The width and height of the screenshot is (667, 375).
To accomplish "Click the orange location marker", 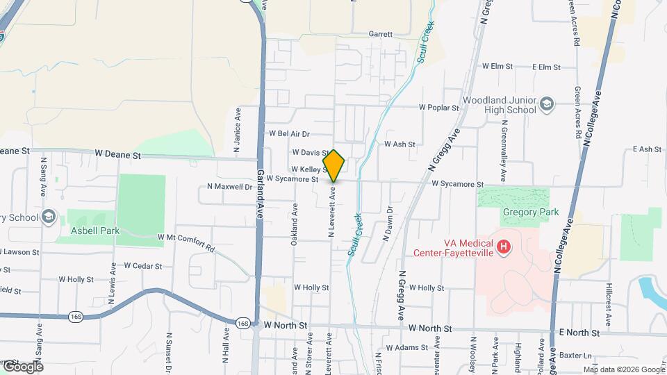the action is coord(334,165).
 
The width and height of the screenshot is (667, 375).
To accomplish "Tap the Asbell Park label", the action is coord(95,231).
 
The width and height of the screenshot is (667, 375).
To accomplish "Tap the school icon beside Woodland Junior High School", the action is coord(547,104).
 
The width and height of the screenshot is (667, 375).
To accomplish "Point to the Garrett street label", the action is coord(380,33).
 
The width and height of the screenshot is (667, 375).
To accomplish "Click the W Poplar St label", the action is coord(438,108).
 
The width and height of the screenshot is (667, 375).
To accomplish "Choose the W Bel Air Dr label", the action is coord(289,133).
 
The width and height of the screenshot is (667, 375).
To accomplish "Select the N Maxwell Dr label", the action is coord(229,187).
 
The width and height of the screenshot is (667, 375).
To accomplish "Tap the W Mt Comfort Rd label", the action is coord(186,237).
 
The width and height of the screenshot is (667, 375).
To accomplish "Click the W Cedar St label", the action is coord(142,266).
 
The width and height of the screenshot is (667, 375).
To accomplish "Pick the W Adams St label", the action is coord(404,347).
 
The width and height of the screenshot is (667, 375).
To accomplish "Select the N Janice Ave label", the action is coord(238,130).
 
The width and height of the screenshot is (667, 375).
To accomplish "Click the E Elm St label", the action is coord(546,67).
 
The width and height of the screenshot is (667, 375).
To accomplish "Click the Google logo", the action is coord(22,366).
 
